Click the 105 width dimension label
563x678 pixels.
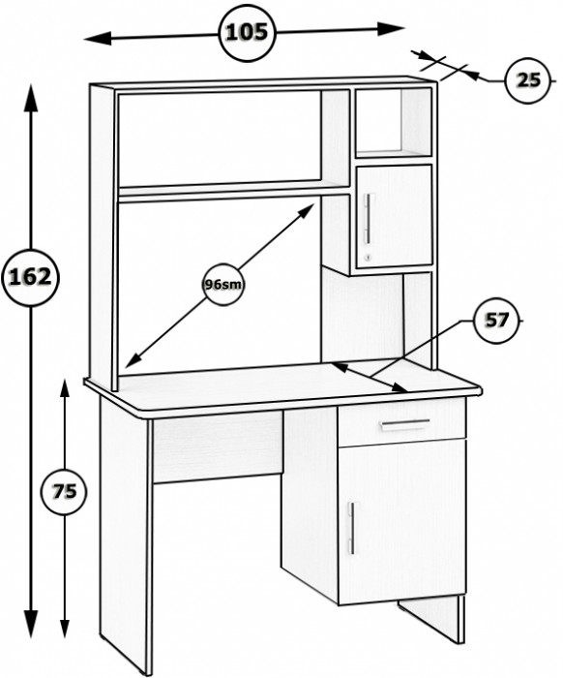[x=247, y=32]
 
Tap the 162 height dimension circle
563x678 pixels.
[x=30, y=278]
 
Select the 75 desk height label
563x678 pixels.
[x=65, y=492]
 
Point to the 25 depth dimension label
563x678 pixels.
[x=528, y=80]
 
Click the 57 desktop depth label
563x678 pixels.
[x=497, y=321]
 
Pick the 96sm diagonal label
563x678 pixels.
[x=223, y=285]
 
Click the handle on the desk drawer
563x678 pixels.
[x=405, y=424]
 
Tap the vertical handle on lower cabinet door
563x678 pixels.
[x=352, y=528]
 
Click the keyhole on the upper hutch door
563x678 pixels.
[x=368, y=259]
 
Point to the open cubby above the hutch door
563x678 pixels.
[x=394, y=123]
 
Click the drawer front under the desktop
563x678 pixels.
[x=402, y=423]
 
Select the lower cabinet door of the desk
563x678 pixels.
[x=402, y=521]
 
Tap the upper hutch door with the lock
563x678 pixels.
[x=394, y=216]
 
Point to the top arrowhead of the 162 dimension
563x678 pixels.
[x=31, y=98]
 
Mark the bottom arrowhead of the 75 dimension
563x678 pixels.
[x=65, y=628]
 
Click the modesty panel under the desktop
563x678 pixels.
[x=218, y=447]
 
